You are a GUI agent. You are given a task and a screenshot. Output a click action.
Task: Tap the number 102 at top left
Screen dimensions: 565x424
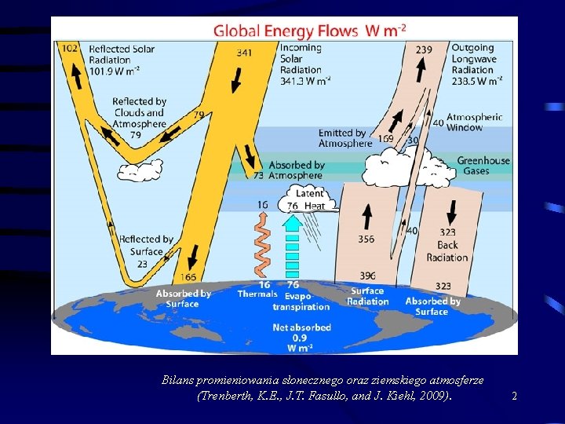70,49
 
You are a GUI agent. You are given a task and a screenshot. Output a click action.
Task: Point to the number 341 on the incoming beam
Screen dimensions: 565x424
244,53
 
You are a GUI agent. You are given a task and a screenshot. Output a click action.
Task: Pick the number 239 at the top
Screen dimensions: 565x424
423,49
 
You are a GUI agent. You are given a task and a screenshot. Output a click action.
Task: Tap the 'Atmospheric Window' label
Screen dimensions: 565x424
474,122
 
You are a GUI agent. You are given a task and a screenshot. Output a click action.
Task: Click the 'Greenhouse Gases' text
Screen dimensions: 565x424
483,166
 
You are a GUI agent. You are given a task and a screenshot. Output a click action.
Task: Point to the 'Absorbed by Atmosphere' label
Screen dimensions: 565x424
296,170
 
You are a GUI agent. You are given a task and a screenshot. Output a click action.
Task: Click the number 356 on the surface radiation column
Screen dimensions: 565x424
366,239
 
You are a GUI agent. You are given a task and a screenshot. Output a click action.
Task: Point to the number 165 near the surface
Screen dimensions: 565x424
188,276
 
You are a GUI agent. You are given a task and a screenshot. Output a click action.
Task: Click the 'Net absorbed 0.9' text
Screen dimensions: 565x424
301,337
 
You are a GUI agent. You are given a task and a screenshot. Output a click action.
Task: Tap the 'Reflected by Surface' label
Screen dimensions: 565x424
146,245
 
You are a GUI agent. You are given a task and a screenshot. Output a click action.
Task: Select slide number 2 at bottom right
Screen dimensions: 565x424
514,397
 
